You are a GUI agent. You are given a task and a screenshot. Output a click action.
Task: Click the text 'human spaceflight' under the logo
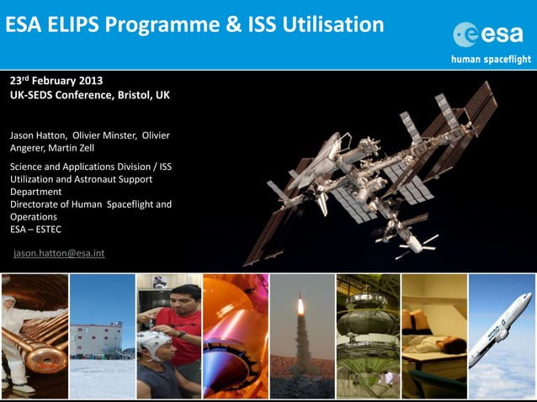[491, 59]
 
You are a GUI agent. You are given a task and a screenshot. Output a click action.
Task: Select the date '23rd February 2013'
[56, 81]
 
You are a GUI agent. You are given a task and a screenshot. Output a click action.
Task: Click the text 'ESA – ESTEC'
[35, 229]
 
